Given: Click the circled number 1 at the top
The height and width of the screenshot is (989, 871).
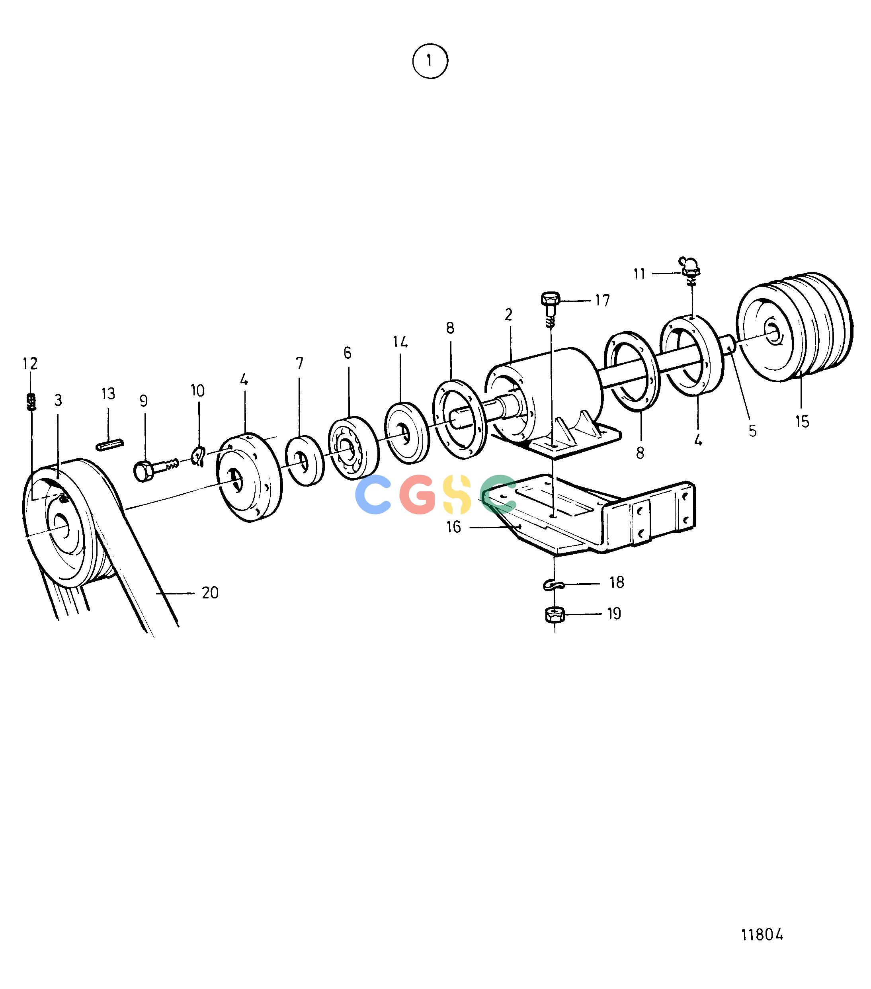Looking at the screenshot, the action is pos(430,61).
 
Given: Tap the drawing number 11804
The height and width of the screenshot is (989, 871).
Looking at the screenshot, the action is pos(762,934).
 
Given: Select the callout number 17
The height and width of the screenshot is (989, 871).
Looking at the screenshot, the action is pos(602,301).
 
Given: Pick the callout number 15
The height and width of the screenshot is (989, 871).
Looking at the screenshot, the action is pos(802,421).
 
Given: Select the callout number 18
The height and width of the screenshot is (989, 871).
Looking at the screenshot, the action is pos(617,582).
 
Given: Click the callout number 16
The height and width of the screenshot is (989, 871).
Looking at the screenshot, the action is pos(453,526).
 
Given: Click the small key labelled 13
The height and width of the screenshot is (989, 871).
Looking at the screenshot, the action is pos(111,444).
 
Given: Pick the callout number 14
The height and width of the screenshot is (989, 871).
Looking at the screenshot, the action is pos(400,342).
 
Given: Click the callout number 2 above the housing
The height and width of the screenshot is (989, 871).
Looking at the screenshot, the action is pos(508,315).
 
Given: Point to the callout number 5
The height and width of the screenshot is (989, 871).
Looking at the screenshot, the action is pos(752,430).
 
